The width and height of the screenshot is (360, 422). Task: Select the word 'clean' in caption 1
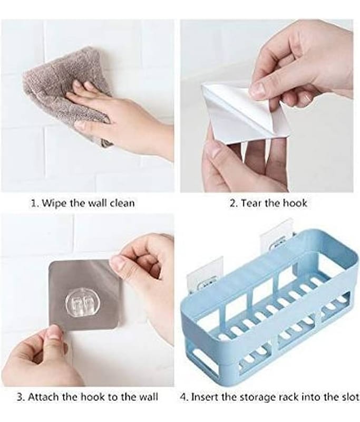click(x=123, y=203)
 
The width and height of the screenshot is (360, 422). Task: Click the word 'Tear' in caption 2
click(x=251, y=203)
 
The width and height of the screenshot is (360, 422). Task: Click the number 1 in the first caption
click(x=34, y=203)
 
